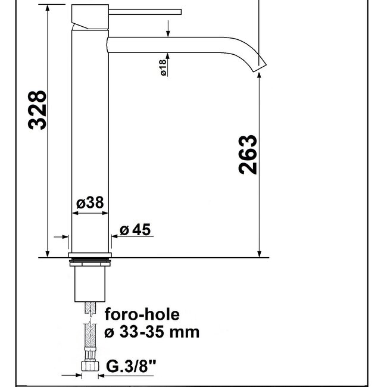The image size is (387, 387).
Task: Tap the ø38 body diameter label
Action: pos(90,204)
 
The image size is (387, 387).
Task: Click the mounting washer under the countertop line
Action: pos(90,260)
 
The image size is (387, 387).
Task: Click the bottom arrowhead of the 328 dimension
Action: pos(46,252)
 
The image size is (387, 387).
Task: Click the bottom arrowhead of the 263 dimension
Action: pos(260,252)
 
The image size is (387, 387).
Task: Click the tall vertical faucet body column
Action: pos(90,137)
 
